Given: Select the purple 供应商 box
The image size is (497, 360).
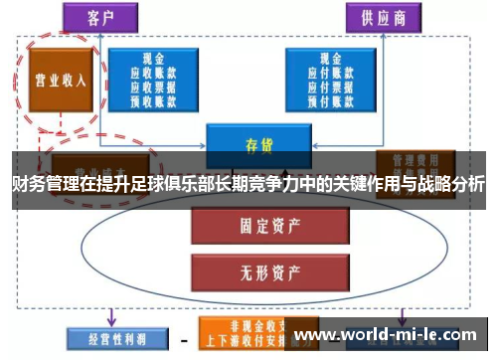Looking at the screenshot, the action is pos(382,18).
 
